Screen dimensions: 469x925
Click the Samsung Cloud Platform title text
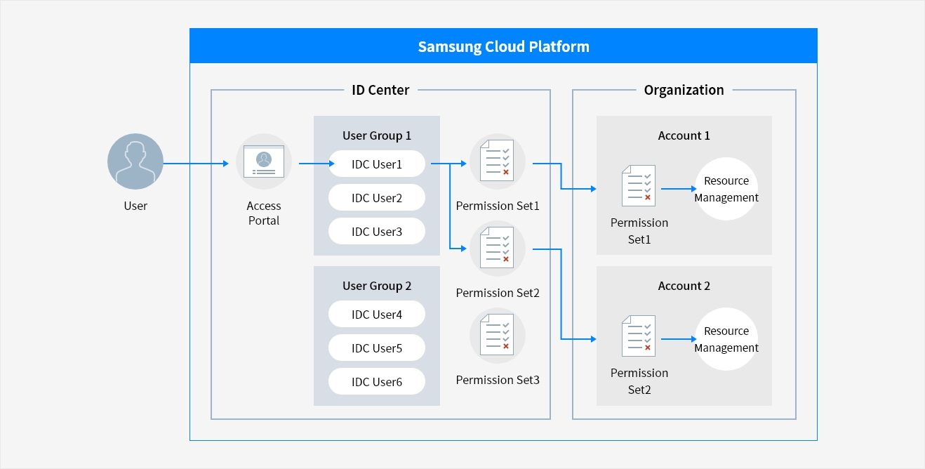(x=503, y=47)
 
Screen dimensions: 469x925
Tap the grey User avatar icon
(x=135, y=161)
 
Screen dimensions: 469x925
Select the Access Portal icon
(x=264, y=162)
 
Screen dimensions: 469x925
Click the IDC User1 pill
(x=377, y=164)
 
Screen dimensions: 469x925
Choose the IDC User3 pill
(x=377, y=232)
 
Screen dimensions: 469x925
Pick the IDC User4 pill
(x=377, y=315)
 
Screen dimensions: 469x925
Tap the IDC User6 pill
(x=377, y=382)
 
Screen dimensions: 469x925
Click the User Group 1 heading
(x=377, y=136)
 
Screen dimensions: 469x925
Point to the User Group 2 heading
(x=377, y=286)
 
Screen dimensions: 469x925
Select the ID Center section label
(x=380, y=90)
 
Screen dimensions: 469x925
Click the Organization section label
(x=684, y=90)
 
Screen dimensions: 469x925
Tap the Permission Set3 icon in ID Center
(x=497, y=336)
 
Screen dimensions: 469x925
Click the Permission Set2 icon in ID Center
(x=497, y=249)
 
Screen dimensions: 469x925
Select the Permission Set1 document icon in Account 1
(x=639, y=186)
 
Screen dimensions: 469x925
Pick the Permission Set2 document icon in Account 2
(x=639, y=336)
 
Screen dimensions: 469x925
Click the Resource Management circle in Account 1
(x=726, y=189)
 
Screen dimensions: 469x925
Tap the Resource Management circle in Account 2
(x=726, y=339)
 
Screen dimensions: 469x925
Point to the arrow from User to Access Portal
(x=197, y=164)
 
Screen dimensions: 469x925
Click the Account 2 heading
(x=684, y=286)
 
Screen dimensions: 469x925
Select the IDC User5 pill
(x=377, y=348)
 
